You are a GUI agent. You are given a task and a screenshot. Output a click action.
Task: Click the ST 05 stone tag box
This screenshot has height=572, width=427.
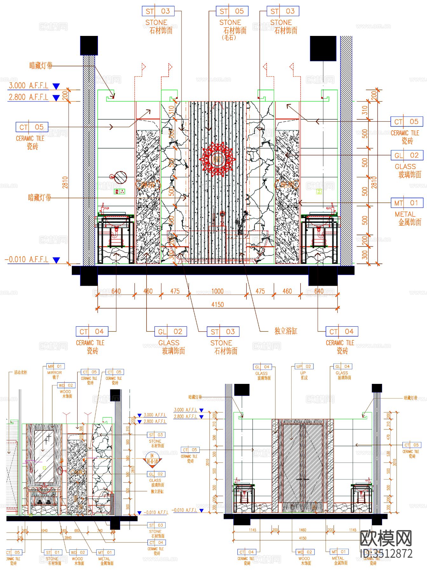232,11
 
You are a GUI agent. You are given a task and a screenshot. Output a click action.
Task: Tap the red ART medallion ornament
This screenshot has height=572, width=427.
217,159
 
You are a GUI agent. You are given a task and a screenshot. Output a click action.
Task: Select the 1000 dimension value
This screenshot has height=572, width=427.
217,291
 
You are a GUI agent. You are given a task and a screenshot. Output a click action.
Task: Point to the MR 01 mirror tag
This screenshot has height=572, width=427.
55,366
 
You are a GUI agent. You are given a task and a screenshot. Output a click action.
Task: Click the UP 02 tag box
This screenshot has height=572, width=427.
304,366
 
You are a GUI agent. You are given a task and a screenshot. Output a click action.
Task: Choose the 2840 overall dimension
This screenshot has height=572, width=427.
68,538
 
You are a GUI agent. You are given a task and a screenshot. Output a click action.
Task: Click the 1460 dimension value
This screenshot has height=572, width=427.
302,530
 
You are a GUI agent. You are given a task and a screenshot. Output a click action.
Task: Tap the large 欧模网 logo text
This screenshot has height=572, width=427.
386,538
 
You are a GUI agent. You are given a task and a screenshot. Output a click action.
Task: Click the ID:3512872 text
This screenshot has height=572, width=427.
386,553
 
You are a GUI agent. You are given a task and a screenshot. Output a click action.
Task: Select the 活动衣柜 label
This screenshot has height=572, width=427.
21,372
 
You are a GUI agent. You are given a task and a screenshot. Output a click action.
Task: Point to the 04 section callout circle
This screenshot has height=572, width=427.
152,459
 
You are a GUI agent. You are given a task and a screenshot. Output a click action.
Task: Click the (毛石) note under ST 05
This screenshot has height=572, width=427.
229,37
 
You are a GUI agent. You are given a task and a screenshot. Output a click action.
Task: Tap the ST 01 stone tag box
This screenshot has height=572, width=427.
52,552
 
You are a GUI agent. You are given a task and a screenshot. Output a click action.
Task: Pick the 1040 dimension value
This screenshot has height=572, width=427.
44,530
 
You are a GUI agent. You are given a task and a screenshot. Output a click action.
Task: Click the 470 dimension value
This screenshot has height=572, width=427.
388,437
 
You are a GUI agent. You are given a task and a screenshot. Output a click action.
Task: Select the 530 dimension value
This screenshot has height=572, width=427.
388,454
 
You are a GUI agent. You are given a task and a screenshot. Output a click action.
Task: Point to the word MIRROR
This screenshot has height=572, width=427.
55,372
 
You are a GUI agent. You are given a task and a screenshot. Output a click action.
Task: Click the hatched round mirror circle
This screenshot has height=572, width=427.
121,177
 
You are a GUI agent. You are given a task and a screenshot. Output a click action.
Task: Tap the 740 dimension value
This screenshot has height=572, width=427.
100,530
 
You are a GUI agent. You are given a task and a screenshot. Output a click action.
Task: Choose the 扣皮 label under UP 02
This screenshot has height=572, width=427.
304,378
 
